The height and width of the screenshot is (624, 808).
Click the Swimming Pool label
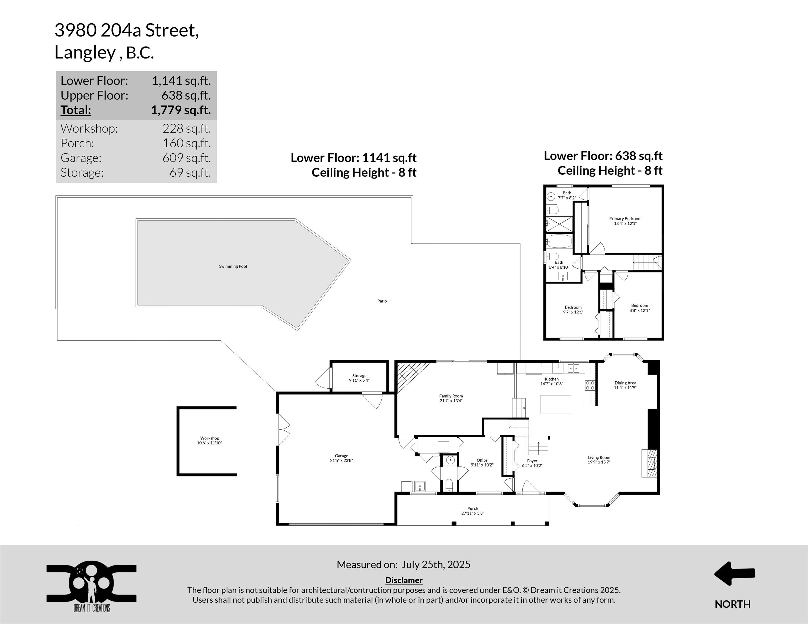point(233,266)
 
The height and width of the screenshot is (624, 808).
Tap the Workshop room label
point(210,438)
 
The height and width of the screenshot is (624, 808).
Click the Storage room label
point(359,376)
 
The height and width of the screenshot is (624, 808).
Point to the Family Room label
point(451,396)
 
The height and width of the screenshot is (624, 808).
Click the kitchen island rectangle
point(555,404)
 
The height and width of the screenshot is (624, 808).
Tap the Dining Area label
point(625,383)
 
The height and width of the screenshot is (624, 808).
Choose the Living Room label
point(599,457)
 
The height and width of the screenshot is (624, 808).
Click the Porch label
point(472,508)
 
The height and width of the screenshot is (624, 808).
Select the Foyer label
point(532,461)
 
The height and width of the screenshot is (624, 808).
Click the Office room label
point(482,460)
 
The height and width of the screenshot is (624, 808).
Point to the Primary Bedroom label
point(625,219)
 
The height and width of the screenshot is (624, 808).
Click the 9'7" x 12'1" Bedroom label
point(573,307)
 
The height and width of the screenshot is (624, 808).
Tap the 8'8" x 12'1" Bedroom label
point(639,305)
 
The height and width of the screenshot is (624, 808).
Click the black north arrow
point(734,573)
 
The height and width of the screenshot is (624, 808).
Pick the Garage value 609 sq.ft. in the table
point(187,158)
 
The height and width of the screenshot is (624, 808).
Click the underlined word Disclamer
point(404,580)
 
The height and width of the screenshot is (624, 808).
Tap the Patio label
point(382,301)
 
